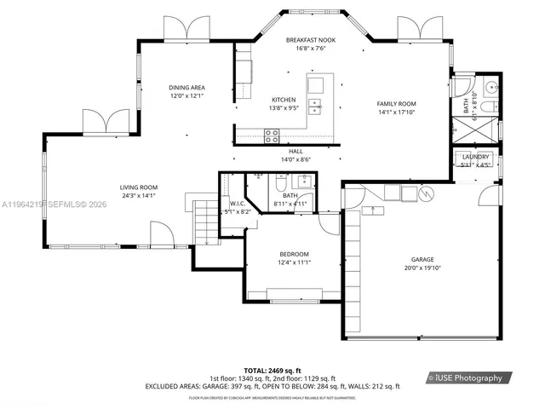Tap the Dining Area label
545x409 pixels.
click(186, 87)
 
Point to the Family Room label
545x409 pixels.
click(396, 104)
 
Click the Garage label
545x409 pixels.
click(422, 259)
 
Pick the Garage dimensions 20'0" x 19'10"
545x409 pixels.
click(422, 268)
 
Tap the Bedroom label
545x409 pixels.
click(294, 255)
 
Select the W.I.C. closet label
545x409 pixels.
click(237, 203)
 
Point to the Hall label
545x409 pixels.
click(295, 151)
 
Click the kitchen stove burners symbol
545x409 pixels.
click(272, 133)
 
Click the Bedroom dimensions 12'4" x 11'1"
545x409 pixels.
click(294, 263)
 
